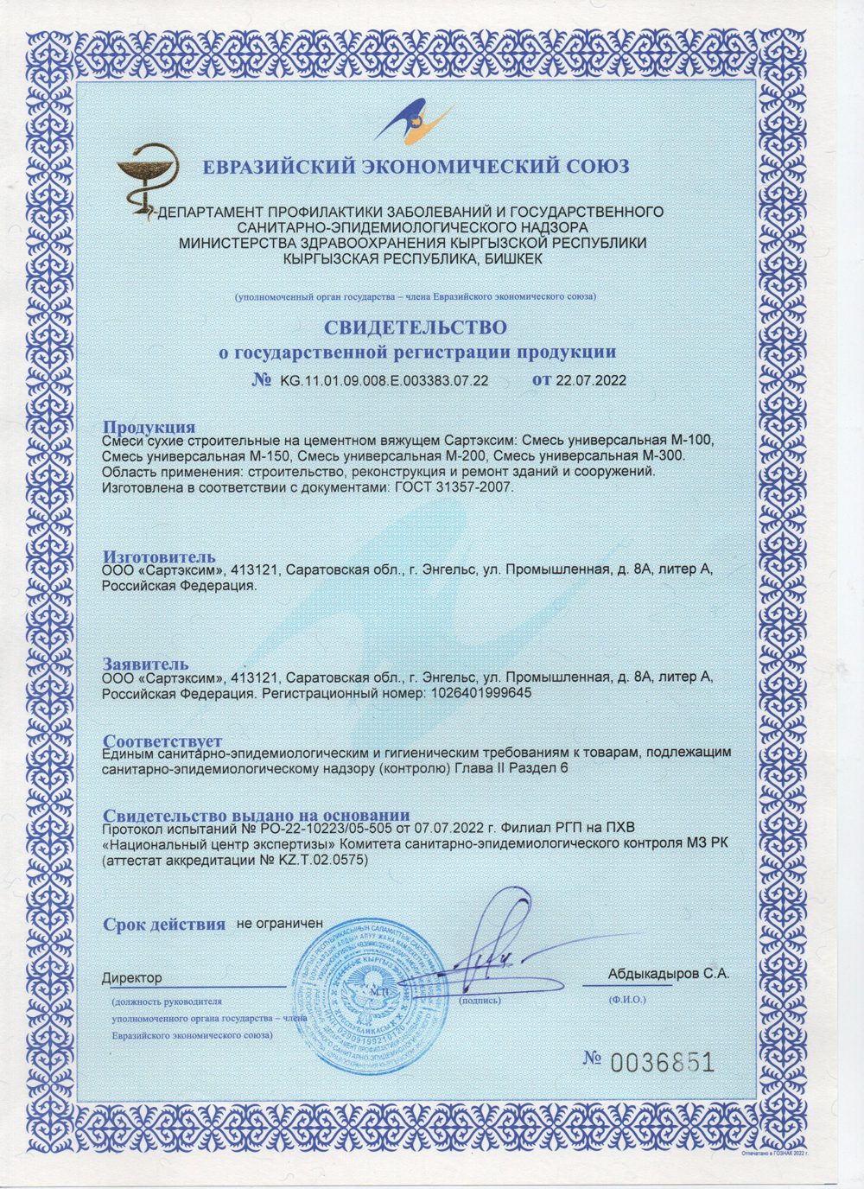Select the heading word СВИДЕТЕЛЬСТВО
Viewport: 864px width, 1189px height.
point(415,327)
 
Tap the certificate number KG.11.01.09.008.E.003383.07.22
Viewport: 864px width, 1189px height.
point(384,380)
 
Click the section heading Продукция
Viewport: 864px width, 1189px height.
point(149,427)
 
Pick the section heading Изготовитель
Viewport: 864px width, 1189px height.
point(159,556)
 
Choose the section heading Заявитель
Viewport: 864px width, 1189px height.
point(145,664)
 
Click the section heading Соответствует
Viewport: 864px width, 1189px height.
point(162,741)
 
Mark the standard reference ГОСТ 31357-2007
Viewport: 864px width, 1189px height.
point(454,487)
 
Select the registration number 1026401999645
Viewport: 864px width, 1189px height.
point(480,693)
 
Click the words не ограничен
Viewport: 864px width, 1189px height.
point(279,923)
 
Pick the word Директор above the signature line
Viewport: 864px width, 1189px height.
point(131,978)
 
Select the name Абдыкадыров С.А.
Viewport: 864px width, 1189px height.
point(668,973)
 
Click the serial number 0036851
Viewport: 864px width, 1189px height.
point(662,1062)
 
